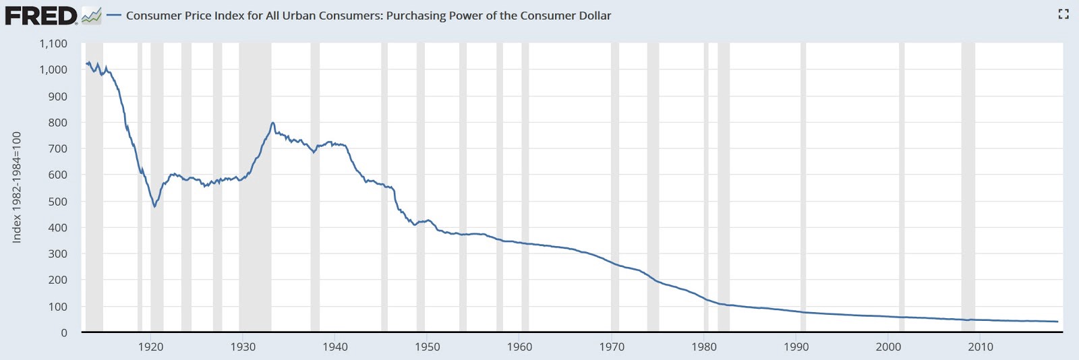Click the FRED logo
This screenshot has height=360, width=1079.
tap(42, 16)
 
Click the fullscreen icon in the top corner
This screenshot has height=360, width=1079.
tap(1063, 14)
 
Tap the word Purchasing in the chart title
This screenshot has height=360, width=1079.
tap(416, 16)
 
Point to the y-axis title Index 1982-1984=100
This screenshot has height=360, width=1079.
tap(17, 187)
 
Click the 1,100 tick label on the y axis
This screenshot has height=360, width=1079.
tap(53, 44)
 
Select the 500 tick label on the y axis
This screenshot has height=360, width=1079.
tap(58, 202)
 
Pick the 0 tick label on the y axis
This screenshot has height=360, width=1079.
tap(64, 332)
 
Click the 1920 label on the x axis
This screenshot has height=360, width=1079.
tap(150, 347)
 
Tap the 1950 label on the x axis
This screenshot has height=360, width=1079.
tap(427, 347)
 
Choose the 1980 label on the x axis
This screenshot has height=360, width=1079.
tap(704, 347)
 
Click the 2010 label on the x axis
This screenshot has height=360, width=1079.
tap(981, 347)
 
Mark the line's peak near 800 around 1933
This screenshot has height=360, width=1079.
tap(272, 123)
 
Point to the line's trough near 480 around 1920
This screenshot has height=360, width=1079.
tap(154, 206)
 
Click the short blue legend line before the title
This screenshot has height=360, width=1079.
tap(114, 16)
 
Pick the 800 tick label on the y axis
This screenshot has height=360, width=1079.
tap(58, 123)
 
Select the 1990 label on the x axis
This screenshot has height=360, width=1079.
tap(796, 347)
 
